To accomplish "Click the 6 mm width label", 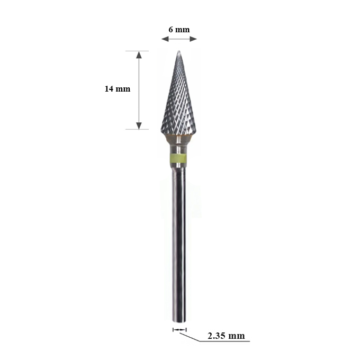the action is (x=179, y=30).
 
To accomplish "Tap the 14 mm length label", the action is (x=118, y=89).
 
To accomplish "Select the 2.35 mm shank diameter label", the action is (x=226, y=336).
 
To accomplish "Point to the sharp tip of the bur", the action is (x=179, y=51).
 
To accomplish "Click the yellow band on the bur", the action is (x=178, y=158).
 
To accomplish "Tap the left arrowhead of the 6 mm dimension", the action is (x=165, y=39).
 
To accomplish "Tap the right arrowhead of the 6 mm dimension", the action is (x=194, y=39).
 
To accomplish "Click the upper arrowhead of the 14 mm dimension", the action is (x=139, y=55).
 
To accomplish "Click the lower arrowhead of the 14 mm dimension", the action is (x=139, y=125).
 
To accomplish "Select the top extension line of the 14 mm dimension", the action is (x=137, y=51).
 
